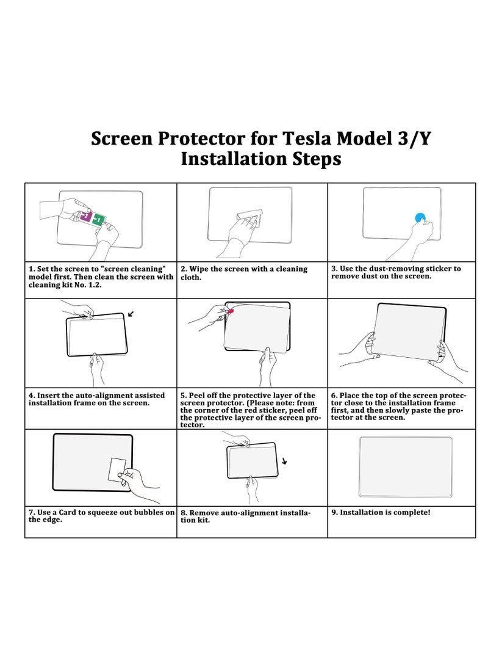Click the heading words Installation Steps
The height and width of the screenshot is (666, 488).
click(260, 159)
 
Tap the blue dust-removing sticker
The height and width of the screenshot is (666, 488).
click(420, 217)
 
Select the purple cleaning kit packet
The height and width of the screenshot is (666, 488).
click(86, 216)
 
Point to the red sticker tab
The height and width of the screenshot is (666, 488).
click(231, 311)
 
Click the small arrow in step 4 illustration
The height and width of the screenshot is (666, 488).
click(131, 314)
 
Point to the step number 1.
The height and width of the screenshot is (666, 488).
click(30, 269)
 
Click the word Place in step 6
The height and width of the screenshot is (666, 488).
click(351, 396)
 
